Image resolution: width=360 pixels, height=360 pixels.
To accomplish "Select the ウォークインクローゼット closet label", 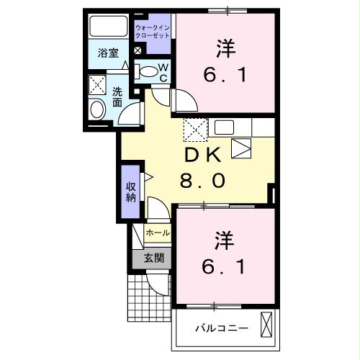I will click(153, 31).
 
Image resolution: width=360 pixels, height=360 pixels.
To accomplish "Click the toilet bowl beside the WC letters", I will click(148, 71).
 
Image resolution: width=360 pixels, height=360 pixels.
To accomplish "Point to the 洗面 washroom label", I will click(117, 96).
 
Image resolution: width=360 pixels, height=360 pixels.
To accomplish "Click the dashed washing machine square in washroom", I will click(98, 85).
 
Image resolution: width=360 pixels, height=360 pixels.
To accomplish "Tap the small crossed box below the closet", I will click(138, 52).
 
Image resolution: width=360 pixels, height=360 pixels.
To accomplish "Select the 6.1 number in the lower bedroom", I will click(225, 266).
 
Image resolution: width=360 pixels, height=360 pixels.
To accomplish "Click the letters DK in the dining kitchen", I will click(202, 156).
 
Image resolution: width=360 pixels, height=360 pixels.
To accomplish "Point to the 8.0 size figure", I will click(202, 180).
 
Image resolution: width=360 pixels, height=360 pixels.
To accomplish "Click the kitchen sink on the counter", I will click(224, 128).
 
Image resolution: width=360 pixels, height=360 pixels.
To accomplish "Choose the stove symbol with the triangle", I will click(241, 149).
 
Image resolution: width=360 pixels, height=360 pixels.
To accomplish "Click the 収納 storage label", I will click(131, 192).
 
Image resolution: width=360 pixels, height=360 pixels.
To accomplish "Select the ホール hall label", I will click(158, 233).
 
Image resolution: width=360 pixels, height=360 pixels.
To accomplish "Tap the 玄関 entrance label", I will click(153, 257).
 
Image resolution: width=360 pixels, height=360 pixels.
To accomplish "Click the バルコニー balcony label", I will click(222, 328).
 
